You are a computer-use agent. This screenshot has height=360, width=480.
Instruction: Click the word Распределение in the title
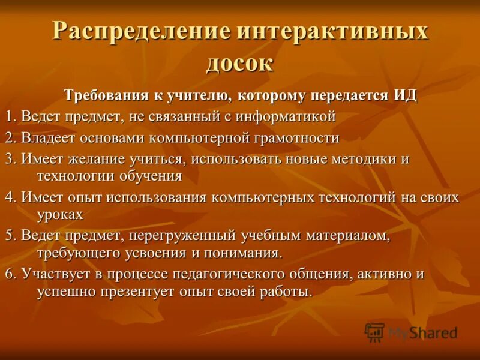(140, 31)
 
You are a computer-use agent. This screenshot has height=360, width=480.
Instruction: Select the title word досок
(240, 62)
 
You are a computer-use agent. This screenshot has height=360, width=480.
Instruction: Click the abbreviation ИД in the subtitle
(405, 95)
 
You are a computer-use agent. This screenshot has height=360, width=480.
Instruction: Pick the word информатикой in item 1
(286, 116)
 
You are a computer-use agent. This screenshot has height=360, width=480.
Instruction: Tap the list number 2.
(10, 138)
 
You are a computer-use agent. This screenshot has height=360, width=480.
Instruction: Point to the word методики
(365, 160)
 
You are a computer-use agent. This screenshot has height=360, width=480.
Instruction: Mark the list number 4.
(10, 197)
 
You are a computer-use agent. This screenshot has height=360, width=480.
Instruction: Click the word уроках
(59, 214)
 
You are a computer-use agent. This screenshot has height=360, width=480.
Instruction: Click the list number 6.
(10, 274)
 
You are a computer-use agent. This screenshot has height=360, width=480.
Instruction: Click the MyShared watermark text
(422, 332)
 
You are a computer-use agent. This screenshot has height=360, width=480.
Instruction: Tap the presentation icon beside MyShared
(375, 332)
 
